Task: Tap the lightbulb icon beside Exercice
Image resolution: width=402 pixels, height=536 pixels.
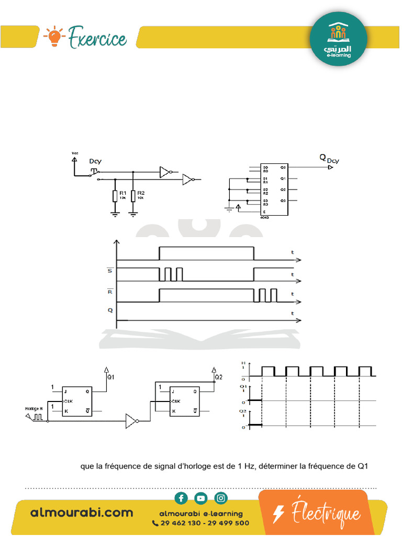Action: pos(54,37)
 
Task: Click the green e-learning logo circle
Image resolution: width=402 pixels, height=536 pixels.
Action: pos(339,39)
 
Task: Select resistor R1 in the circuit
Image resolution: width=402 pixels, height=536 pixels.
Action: pos(115,196)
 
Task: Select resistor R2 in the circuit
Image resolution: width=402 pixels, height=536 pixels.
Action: pos(133,196)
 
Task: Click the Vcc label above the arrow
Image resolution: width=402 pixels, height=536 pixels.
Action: pos(74,153)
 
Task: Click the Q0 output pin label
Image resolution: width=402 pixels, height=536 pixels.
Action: pos(283,167)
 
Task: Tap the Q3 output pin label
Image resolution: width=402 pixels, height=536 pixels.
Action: pos(283,200)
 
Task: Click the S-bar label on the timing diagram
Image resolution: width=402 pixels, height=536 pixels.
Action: pos(109,271)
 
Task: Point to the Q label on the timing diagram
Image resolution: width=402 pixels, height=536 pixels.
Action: pos(110,310)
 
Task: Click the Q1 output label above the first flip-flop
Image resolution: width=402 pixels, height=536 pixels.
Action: pos(110,376)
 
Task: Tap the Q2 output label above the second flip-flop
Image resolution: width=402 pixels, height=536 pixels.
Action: pos(218,376)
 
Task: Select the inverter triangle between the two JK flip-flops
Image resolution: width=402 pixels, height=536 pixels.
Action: pos(130,421)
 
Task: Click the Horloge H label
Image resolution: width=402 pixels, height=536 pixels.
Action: pos(33,408)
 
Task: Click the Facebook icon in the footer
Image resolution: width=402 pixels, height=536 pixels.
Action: pos(181,498)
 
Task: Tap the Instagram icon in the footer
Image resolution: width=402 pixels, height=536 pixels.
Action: pos(221,498)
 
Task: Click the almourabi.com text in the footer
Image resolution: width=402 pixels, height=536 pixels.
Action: pos(82,512)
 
